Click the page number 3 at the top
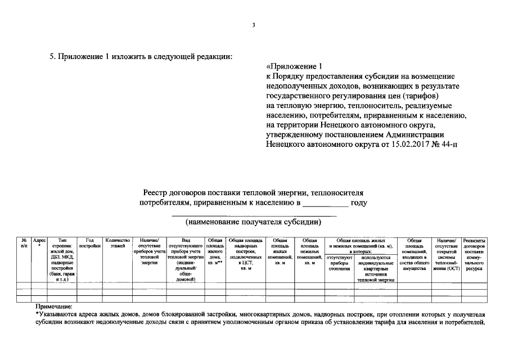click(254, 25)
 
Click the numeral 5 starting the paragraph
click(52, 57)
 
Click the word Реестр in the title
click(155, 192)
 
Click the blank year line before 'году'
click(326, 204)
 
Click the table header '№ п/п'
click(24, 243)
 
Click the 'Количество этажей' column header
click(118, 243)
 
